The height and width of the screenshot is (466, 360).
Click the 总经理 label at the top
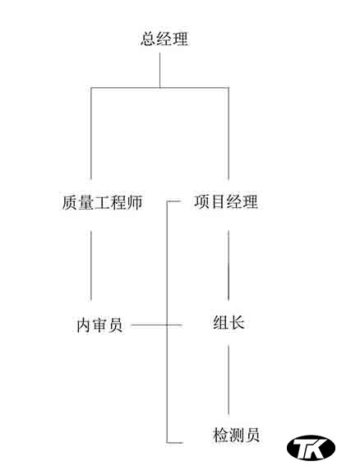click(x=164, y=39)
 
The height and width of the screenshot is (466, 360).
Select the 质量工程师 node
click(x=102, y=202)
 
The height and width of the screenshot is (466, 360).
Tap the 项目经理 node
click(x=226, y=201)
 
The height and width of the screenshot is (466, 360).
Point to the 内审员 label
click(x=99, y=325)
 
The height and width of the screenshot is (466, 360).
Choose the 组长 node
click(x=228, y=322)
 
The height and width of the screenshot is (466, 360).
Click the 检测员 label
click(x=236, y=435)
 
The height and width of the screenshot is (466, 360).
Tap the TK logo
click(x=311, y=447)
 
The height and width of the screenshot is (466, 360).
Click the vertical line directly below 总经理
click(x=160, y=70)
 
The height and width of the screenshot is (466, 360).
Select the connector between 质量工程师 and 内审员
click(x=91, y=265)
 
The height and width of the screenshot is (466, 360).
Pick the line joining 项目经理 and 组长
click(x=228, y=265)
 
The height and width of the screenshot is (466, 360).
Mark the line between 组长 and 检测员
click(x=228, y=380)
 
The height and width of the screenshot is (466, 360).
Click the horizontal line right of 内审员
click(x=157, y=325)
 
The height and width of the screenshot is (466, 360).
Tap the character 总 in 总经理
click(x=148, y=39)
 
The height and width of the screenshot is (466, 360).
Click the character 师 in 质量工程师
click(x=135, y=202)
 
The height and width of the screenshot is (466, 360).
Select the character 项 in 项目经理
click(x=202, y=201)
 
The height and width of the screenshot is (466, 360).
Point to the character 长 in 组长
click(x=237, y=322)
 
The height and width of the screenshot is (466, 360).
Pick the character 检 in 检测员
click(x=220, y=435)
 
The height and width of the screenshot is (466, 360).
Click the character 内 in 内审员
click(x=84, y=325)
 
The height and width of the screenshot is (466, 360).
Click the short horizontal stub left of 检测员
click(x=174, y=442)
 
